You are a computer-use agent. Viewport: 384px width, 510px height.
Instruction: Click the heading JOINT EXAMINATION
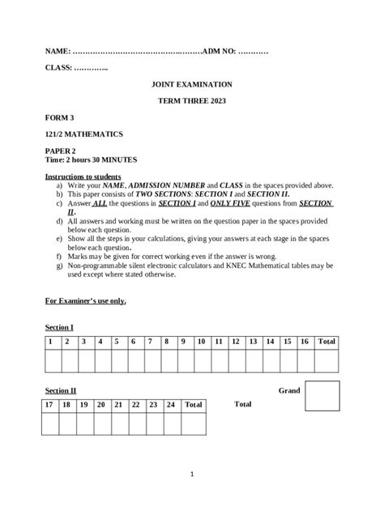click(192, 83)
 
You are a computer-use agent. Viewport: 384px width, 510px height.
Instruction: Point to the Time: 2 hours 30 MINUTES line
click(92, 160)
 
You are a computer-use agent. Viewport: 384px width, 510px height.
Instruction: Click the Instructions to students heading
click(83, 176)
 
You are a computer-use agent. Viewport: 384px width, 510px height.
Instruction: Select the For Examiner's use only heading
click(85, 301)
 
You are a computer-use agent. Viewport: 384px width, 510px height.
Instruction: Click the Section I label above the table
click(59, 327)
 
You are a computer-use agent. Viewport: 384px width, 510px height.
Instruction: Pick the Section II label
click(61, 390)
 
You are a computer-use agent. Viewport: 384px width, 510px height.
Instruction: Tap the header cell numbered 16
click(304, 342)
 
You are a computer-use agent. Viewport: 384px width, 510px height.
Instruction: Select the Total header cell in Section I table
click(326, 342)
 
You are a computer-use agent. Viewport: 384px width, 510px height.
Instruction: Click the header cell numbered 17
click(49, 404)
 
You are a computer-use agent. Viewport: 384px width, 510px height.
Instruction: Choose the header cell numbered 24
click(171, 404)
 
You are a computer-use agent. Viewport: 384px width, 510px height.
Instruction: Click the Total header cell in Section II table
click(194, 404)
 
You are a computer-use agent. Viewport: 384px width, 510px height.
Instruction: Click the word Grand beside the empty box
click(289, 390)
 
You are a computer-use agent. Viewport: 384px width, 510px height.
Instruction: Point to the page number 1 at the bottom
click(192, 474)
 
